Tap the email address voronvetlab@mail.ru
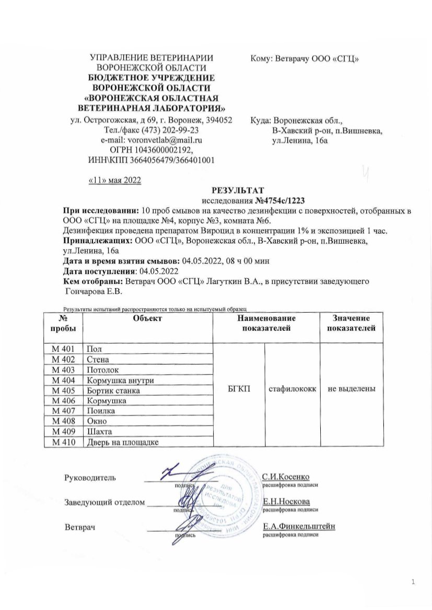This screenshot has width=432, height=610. (166, 140)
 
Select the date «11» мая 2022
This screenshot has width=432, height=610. (113, 180)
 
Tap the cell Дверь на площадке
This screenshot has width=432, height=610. (122, 442)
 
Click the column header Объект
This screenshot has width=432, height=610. (148, 318)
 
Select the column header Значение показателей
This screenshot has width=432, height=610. (352, 323)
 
